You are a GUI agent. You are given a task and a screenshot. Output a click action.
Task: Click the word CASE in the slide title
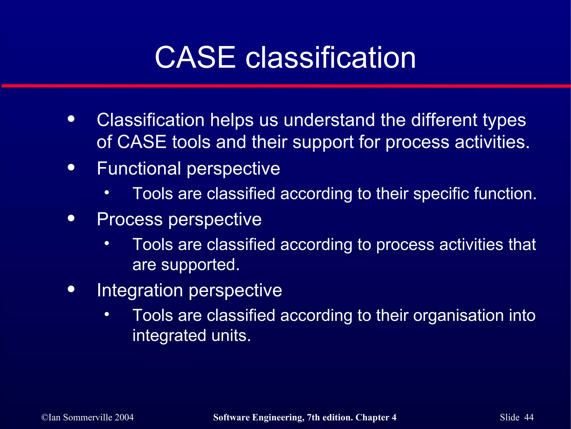point(195,58)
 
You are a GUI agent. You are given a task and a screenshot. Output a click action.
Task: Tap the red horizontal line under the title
point(285,86)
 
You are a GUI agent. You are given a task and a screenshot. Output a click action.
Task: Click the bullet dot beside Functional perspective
point(71,167)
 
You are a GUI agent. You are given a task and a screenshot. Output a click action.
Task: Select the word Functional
point(139,168)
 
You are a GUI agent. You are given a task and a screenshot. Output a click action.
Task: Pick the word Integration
point(140,290)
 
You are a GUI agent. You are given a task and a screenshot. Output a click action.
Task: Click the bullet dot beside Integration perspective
point(71,289)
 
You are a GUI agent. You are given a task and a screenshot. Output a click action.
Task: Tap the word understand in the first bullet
point(329,120)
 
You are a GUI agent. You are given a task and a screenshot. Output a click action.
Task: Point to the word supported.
point(200,265)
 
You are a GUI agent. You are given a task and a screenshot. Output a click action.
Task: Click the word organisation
point(458,316)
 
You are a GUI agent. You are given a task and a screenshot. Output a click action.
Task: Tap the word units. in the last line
point(231,335)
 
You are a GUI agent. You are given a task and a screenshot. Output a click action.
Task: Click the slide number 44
point(529,417)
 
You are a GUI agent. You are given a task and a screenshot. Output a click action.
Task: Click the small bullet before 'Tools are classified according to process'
point(107,243)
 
